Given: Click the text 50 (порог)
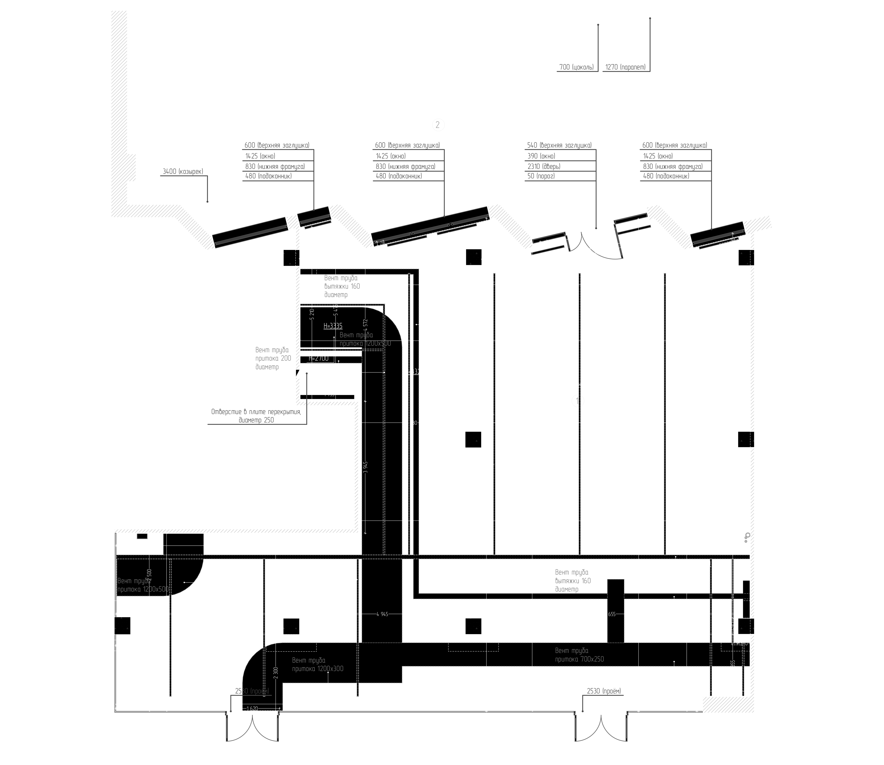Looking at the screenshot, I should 541,176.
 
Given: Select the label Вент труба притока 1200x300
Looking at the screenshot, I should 317,665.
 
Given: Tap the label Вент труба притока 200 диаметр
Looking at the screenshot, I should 273,358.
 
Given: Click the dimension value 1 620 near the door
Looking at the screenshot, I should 252,709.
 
